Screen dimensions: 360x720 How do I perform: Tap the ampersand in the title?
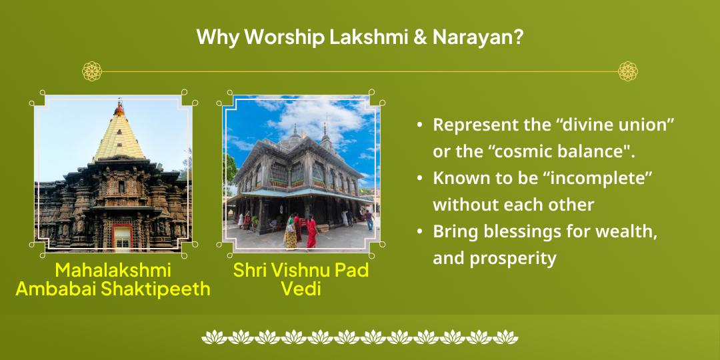417,38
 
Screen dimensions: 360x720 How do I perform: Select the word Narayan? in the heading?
477,38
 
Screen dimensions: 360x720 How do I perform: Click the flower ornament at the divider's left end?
92,71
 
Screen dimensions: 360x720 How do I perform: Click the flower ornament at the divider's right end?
627,71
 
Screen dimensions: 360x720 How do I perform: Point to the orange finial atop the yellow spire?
119,107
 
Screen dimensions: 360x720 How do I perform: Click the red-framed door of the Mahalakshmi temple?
121,238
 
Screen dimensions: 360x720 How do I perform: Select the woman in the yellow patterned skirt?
291,231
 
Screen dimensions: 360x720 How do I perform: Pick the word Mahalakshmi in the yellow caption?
113,270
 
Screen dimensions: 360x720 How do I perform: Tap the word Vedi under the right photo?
301,289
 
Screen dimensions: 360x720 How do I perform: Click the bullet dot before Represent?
419,125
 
